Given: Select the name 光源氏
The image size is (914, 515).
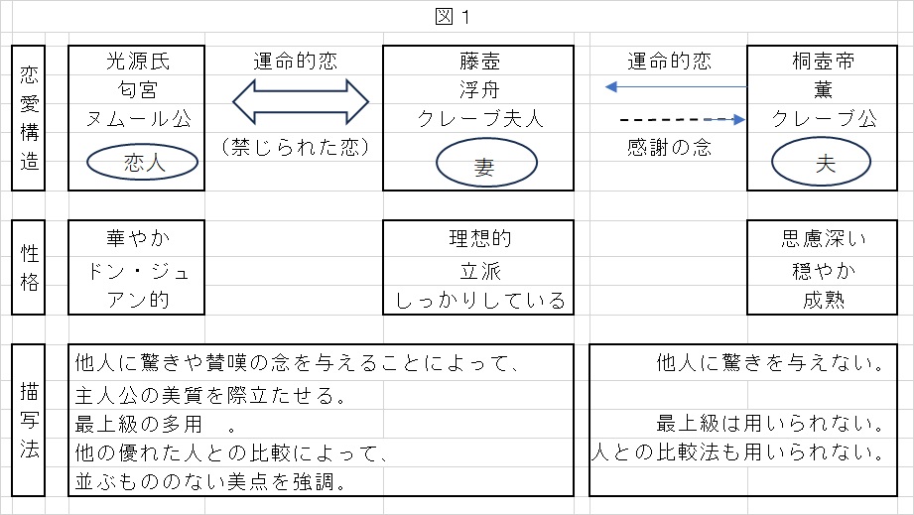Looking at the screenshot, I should pos(138,62).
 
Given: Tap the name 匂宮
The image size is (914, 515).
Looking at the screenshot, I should pos(138,90).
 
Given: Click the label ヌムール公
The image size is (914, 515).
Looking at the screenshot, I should pos(138,119).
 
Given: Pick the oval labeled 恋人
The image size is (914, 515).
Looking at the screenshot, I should pos(138,163).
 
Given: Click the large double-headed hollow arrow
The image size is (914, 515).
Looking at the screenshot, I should pos(300,102).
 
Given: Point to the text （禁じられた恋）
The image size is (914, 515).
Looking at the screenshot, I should pos(296,148).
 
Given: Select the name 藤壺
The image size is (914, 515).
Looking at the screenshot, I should pos(478,62).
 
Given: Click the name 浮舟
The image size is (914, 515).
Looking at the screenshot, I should pos(478,90).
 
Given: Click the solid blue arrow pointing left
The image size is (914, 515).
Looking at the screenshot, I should pos(675,88).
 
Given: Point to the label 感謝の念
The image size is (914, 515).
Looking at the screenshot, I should pos(670,148).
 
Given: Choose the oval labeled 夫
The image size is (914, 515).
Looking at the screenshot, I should pos(824,165).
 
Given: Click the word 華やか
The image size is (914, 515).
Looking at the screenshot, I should pos(138,238).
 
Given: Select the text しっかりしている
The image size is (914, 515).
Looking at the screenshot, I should pos(480,300).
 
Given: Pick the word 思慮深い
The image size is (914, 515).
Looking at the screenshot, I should pos(824,238).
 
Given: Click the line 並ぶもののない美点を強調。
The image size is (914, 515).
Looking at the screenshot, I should pos(209,482).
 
